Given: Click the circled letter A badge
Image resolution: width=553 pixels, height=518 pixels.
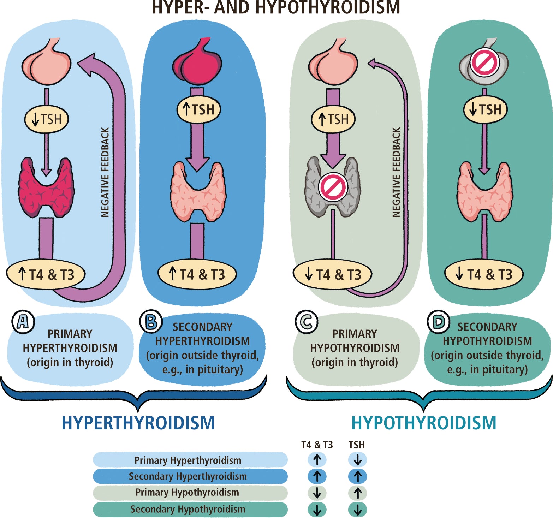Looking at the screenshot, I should (23, 322).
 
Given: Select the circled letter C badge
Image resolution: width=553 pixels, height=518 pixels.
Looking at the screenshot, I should (306, 322).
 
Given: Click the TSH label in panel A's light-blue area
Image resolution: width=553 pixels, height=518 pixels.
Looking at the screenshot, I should (46, 120).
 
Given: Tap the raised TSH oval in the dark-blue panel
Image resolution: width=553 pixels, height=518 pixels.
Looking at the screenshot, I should (198, 109).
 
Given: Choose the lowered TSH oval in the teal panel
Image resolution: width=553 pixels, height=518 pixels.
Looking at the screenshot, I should (485, 109).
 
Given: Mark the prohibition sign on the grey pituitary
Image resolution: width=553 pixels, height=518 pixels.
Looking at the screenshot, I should (484, 63).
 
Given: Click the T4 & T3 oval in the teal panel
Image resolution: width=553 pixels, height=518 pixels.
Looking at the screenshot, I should (484, 274).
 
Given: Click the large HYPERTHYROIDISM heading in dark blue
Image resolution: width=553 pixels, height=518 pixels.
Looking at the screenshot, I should (138, 423).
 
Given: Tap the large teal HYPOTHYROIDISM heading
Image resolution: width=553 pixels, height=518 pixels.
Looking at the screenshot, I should (424, 423).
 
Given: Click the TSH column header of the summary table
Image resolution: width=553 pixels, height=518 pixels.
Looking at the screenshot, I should (356, 445).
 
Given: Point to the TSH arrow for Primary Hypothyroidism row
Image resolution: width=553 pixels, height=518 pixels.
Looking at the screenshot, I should (357, 493).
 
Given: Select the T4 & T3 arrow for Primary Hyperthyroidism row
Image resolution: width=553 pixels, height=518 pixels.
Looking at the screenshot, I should (317, 460).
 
